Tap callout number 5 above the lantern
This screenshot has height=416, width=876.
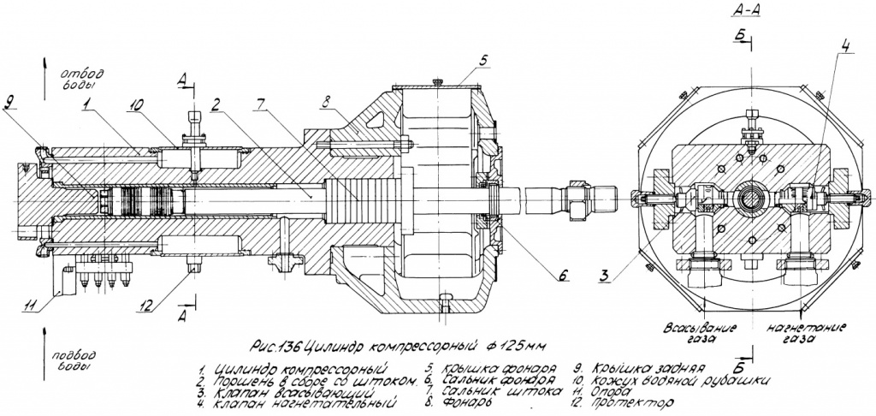[482, 61]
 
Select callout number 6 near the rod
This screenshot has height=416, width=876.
[562, 276]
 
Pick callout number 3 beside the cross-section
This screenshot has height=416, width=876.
[605, 276]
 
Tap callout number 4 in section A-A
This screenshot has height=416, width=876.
[844, 46]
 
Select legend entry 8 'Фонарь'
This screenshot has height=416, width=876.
[466, 401]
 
